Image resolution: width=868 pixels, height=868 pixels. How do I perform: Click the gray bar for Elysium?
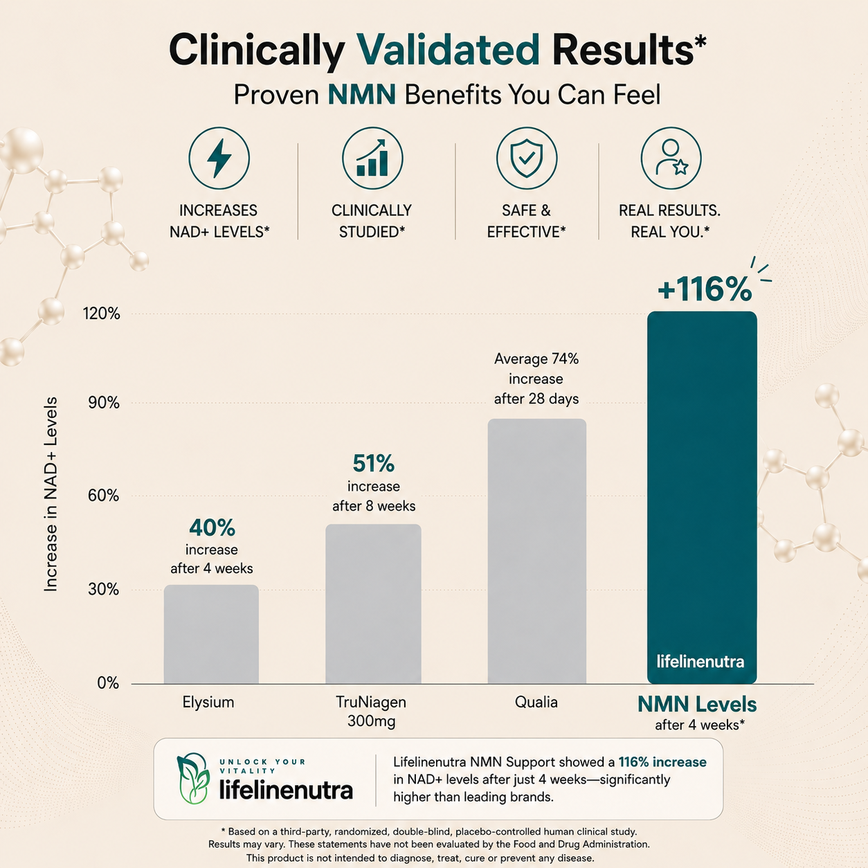click(x=211, y=634)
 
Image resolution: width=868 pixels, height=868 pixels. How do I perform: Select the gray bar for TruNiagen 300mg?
click(x=373, y=604)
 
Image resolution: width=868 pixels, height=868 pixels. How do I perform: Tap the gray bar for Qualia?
click(x=537, y=552)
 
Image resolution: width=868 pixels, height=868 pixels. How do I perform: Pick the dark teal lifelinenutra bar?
click(x=702, y=498)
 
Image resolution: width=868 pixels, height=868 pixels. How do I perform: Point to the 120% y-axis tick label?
click(x=101, y=314)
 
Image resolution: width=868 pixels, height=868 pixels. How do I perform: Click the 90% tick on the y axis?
click(x=104, y=403)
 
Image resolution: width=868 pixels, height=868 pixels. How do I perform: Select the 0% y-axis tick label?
click(x=108, y=683)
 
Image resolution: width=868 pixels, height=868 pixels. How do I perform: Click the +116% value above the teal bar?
click(x=705, y=289)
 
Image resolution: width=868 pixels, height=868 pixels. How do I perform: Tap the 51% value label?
click(x=373, y=464)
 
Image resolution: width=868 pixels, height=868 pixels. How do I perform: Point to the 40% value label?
click(x=212, y=527)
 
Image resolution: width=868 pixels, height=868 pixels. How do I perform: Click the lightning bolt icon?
click(x=219, y=158)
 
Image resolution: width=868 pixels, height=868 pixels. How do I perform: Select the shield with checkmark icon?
click(x=527, y=158)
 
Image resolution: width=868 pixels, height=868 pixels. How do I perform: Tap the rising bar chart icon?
click(x=372, y=158)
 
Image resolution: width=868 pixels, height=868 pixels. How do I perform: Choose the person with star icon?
click(x=671, y=158)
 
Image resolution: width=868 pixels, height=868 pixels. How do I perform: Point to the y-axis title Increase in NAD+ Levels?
click(x=51, y=494)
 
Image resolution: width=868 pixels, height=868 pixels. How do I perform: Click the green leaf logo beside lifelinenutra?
click(x=194, y=779)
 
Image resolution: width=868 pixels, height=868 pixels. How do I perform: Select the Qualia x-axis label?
click(x=536, y=703)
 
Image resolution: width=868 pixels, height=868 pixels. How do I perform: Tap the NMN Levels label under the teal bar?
click(x=697, y=705)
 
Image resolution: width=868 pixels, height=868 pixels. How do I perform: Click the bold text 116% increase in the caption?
click(x=662, y=762)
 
